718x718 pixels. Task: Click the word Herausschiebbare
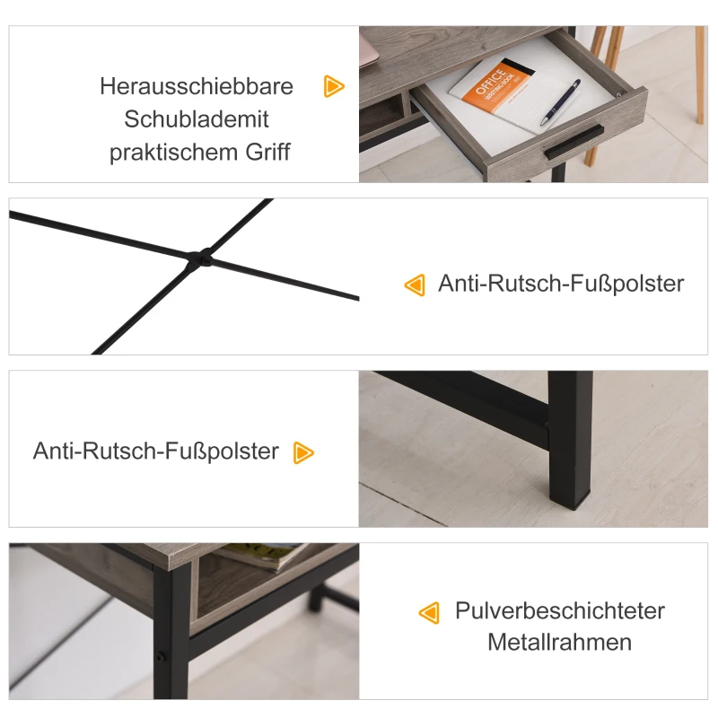coord(197,86)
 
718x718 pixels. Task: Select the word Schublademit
coord(197,119)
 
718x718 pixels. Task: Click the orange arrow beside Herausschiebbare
coord(334,86)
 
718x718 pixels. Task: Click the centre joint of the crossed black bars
coord(199,258)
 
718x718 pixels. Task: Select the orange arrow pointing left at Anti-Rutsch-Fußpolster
coord(414,285)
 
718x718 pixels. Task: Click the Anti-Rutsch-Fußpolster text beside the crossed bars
coord(561,284)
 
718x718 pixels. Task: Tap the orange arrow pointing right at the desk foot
coord(304,452)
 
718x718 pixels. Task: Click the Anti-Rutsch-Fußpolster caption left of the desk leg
coord(156,451)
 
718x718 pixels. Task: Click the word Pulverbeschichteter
coord(560,611)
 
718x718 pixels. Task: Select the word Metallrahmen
coord(560,643)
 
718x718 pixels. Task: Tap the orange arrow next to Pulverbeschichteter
coord(429,613)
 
